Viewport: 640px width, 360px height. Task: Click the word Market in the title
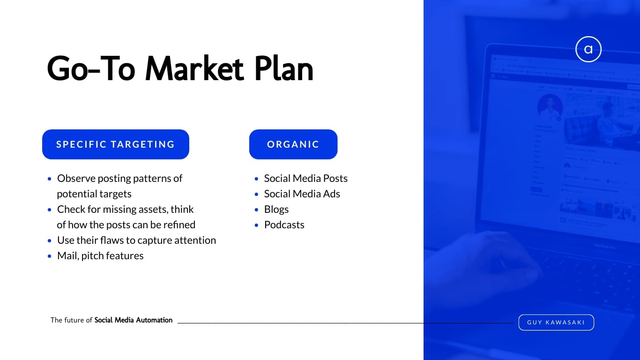coord(194,68)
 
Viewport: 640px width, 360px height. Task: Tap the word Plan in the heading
coord(284,68)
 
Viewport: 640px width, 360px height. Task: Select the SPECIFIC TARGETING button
coord(116,144)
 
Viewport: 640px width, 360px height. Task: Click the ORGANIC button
coord(293,144)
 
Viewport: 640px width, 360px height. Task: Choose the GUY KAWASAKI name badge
coord(556,322)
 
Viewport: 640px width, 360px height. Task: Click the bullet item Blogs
coord(276,210)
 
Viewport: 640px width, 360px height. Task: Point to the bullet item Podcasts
coord(284,225)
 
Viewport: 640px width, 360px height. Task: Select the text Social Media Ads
coord(302,194)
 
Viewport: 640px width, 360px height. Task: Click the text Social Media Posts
coord(306,179)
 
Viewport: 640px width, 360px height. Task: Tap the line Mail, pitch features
coord(100,256)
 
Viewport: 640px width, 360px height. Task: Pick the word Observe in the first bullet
coord(76,179)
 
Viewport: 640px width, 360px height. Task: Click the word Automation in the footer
coord(154,320)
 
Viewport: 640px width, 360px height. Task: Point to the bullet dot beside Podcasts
coord(256,225)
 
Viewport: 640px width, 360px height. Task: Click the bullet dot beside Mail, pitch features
coord(49,256)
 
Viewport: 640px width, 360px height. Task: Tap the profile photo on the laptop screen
coord(550,106)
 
